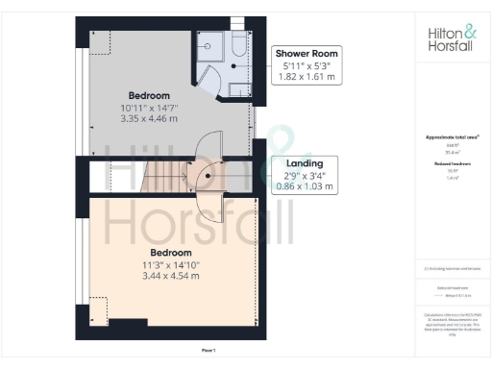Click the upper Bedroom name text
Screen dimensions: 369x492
149,95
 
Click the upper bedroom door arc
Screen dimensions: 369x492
207,149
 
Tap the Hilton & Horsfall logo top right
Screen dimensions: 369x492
450,38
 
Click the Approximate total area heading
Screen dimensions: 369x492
452,138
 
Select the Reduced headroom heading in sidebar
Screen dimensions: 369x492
452,164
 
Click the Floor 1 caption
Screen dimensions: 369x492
209,350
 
